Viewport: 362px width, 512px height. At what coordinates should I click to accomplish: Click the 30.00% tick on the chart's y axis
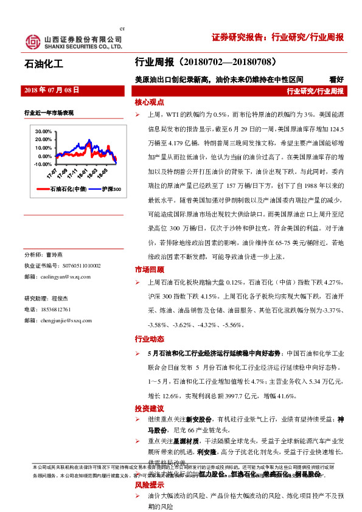(43, 131)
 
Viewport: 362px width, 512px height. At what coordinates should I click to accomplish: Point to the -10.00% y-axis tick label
(43, 164)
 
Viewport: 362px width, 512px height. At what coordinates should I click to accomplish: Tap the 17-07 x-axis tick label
(52, 175)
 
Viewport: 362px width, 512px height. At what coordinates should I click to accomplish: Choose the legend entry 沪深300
(110, 190)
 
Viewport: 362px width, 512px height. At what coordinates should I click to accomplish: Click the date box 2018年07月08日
(52, 90)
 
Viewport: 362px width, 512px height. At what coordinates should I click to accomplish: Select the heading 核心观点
(150, 103)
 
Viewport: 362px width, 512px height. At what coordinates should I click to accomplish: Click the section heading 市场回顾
(150, 269)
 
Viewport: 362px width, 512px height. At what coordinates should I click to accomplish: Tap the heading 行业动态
(150, 339)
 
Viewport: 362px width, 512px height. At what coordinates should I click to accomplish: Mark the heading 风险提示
(150, 485)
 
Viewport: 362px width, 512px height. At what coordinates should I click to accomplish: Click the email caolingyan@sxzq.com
(65, 277)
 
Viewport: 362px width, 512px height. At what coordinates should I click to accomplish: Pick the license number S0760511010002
(71, 266)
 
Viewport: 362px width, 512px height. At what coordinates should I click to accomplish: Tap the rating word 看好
(336, 79)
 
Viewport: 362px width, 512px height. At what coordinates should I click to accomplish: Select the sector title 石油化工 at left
(43, 63)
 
